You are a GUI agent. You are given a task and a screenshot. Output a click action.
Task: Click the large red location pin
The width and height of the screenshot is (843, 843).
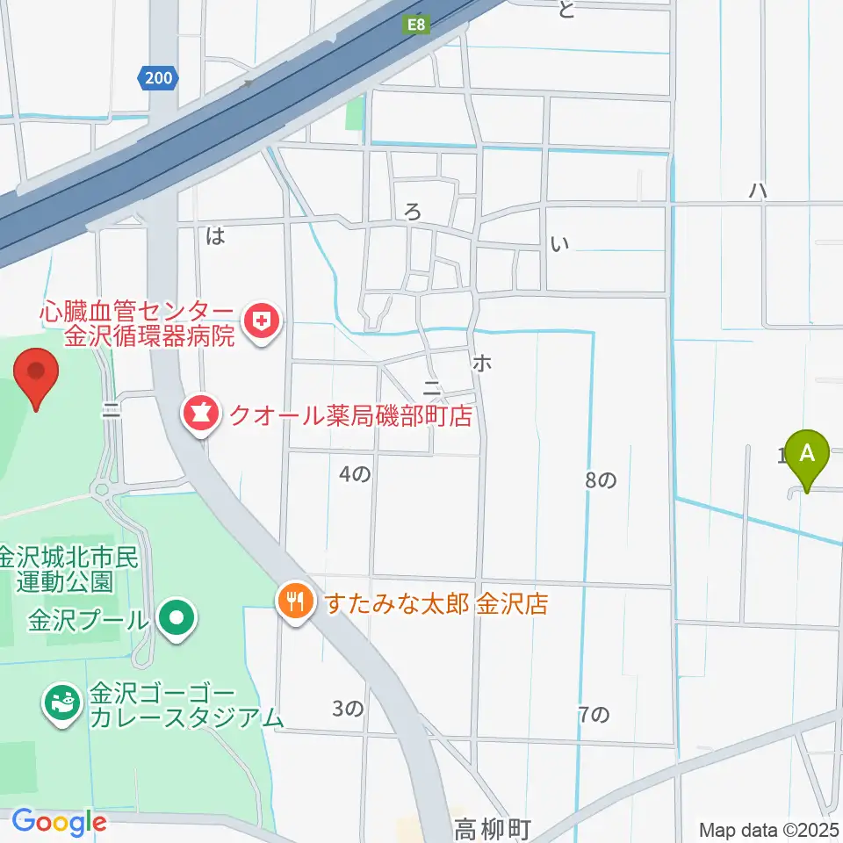[x=37, y=376]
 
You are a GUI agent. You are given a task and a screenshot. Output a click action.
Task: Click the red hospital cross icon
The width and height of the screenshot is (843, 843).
[x=261, y=322]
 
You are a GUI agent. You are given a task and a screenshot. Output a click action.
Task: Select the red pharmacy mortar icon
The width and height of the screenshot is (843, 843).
[x=200, y=414]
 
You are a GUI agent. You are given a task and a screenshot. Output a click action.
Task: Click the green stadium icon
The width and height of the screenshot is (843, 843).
[x=63, y=704]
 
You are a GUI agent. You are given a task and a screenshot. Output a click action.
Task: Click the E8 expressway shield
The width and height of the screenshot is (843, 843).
[x=416, y=26]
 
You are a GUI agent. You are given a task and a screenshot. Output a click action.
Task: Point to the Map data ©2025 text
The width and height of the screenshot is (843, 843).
[x=770, y=829]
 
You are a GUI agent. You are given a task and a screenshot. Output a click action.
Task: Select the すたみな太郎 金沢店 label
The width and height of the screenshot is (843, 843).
[x=436, y=604]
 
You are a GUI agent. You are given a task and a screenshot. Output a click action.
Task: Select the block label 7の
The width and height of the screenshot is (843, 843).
[x=594, y=715]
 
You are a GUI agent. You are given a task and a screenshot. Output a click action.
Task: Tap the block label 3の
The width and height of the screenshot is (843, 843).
[x=349, y=708]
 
